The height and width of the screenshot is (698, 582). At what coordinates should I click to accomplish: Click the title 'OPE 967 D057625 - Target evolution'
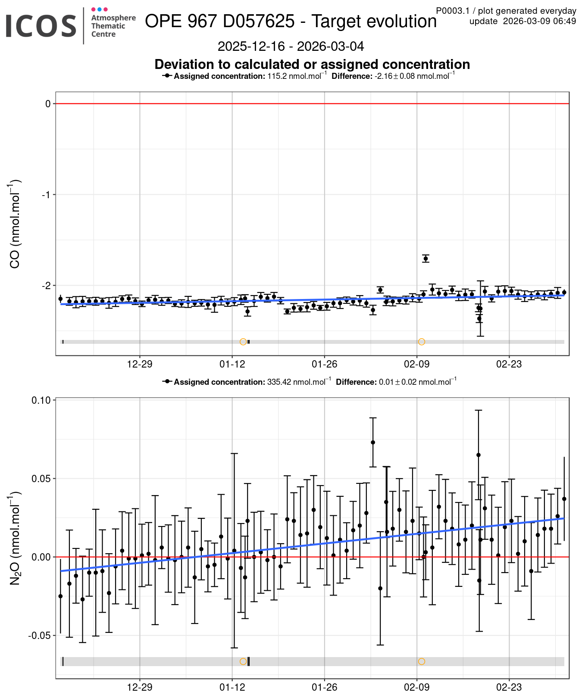[x=291, y=21]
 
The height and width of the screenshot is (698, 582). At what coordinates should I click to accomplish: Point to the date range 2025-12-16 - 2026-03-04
[x=291, y=46]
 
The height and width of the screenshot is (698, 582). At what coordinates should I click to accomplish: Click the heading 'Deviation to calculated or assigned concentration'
[x=312, y=64]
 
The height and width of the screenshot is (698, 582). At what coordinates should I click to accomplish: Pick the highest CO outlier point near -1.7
[x=426, y=259]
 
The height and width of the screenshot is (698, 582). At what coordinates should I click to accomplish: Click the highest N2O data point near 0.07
[x=373, y=442]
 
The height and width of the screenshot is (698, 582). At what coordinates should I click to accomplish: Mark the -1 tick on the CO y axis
[x=46, y=195]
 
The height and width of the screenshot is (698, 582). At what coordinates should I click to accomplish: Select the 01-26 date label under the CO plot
[x=324, y=365]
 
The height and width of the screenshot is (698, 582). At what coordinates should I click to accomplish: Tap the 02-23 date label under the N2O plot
[x=509, y=687]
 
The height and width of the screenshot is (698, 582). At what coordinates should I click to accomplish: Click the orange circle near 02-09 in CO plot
[x=422, y=342]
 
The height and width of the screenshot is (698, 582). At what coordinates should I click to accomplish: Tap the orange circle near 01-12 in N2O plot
[x=243, y=661]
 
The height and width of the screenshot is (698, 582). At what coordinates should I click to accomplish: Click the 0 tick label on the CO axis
[x=48, y=104]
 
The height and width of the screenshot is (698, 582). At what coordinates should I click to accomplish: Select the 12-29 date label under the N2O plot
[x=140, y=687]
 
